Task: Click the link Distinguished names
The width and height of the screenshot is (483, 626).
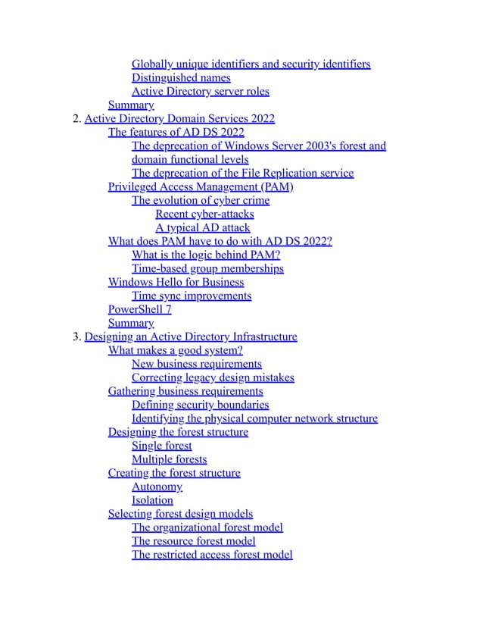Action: coord(181,78)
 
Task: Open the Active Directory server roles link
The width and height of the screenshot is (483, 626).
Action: coord(200,92)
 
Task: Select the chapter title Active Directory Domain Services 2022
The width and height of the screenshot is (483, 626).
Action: coord(179,119)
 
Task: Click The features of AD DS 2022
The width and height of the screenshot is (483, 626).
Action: coord(176,133)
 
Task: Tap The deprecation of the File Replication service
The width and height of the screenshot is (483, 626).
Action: coord(242,174)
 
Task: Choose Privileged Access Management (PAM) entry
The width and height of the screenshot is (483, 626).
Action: coord(201,187)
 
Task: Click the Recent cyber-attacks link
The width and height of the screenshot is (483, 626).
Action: coord(204,214)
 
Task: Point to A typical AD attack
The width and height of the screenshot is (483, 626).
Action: coord(202,228)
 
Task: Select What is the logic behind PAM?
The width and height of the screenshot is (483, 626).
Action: coord(206,255)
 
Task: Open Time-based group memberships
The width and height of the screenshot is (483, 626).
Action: coord(207,269)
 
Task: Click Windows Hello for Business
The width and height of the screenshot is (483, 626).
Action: coord(176,283)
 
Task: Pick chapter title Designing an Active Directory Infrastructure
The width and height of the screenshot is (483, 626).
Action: coord(191,337)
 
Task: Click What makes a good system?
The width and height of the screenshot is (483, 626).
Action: coord(175,351)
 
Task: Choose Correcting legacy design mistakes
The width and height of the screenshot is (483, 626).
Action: coord(213,378)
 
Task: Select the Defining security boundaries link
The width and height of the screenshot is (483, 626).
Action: coord(200,405)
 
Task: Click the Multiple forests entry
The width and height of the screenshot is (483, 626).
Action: coord(169,460)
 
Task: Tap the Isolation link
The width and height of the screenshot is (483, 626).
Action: coord(152,501)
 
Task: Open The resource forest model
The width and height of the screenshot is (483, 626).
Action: coord(193,542)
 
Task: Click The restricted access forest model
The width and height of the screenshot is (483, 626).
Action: coord(212,556)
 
